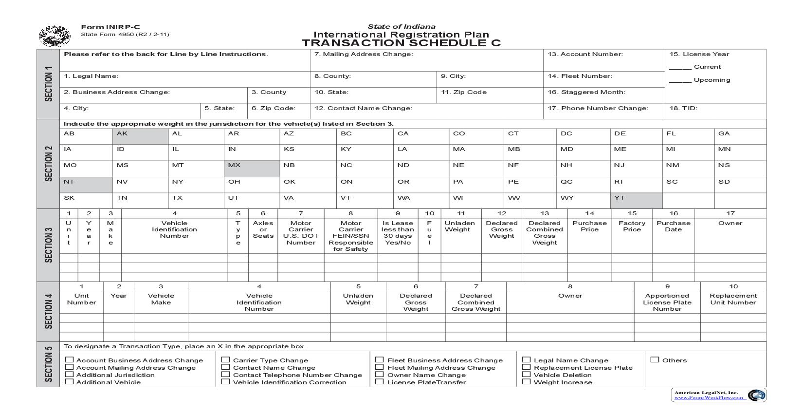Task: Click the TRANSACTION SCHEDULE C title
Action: click(x=401, y=43)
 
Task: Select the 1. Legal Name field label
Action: click(x=91, y=76)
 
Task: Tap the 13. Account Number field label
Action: click(x=585, y=54)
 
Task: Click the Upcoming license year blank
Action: click(x=680, y=80)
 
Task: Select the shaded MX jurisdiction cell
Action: click(x=252, y=168)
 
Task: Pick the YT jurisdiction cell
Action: click(x=636, y=200)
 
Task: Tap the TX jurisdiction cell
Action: click(x=196, y=200)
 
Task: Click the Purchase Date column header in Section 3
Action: click(x=673, y=226)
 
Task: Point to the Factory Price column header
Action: click(x=632, y=226)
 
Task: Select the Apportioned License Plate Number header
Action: click(x=667, y=302)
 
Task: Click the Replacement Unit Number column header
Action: click(x=733, y=299)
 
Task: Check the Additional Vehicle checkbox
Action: click(x=70, y=382)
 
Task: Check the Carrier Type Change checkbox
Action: click(x=226, y=360)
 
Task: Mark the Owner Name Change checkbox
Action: click(x=380, y=375)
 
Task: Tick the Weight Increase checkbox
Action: click(x=526, y=382)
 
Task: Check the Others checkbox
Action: click(x=655, y=360)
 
